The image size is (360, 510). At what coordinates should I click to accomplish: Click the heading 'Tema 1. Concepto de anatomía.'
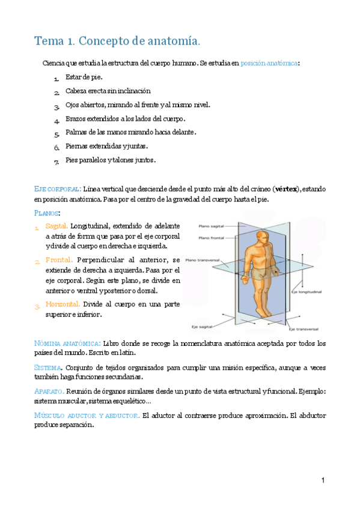pos(117,41)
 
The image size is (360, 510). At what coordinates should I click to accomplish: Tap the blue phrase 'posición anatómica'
pos(269,63)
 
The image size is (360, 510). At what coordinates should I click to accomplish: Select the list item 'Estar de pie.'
pos(84,77)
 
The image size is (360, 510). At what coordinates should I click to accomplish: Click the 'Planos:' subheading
pos(47,213)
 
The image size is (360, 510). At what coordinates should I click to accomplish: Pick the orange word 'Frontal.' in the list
pos(59,260)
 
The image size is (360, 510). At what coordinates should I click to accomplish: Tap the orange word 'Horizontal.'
pos(63,304)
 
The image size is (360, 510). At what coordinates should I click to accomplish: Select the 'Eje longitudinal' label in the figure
pos(307,292)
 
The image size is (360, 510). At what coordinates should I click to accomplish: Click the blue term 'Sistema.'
pos(49,367)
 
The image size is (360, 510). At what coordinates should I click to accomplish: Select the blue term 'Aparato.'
pos(50,391)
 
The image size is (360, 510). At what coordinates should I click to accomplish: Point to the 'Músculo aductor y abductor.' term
pos(87,415)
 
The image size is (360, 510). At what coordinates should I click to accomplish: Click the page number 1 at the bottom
pos(323,481)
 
